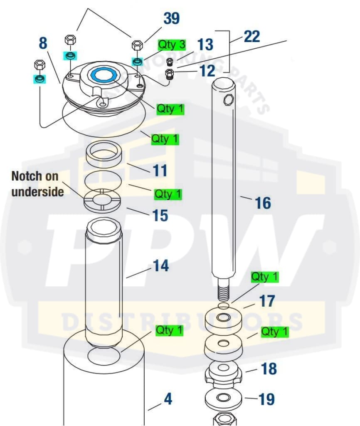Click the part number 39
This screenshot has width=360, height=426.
tap(171, 19)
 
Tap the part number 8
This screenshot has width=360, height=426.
tap(43, 43)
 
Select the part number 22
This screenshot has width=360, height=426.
tap(252, 37)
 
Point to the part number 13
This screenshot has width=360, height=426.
tap(205, 45)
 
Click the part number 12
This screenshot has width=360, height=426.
tap(207, 71)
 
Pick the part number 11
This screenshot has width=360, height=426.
tap(160, 170)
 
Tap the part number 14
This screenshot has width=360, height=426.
tap(161, 266)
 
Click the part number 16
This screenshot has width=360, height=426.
tap(262, 203)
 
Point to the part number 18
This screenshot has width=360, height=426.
tap(268, 369)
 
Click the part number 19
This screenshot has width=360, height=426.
tap(266, 399)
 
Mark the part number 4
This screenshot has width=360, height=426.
tap(168, 399)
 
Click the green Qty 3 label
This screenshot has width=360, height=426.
tap(171, 45)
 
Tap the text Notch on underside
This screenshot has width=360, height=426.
tap(37, 183)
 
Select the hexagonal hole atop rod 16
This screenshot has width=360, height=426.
tap(229, 99)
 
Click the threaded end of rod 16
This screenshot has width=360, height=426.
tap(224, 289)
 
